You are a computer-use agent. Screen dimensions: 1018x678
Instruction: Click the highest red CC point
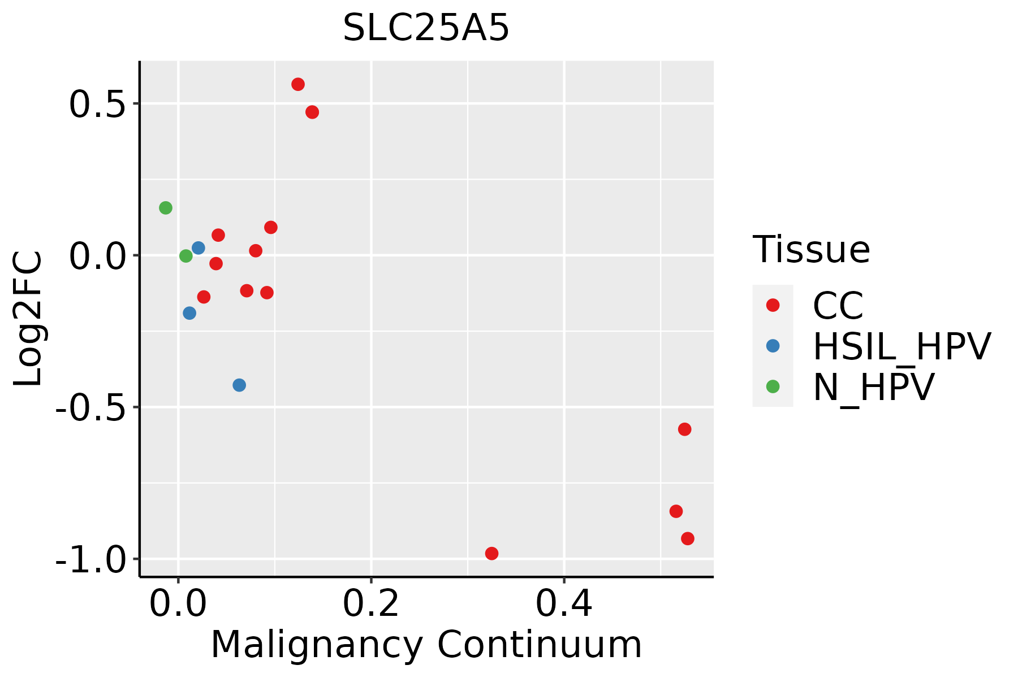298,84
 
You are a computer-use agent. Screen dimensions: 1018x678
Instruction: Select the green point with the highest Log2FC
165,208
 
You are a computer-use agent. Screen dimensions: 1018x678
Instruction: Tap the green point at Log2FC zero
186,256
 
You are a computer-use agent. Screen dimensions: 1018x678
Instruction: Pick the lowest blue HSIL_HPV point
239,385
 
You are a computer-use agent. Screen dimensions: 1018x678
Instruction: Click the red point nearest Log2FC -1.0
492,553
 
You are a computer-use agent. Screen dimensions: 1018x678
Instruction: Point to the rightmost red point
688,538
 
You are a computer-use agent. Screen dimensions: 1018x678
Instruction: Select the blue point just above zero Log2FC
199,248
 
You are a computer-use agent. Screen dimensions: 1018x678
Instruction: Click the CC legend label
838,306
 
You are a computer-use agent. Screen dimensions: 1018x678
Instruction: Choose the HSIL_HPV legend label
902,346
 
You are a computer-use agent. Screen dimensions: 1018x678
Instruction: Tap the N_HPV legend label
874,387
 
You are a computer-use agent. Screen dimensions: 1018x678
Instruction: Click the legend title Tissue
811,249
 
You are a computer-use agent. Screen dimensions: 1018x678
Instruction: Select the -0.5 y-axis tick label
90,408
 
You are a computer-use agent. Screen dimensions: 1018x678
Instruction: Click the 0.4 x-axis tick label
564,603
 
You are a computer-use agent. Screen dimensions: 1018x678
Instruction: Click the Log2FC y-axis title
28,319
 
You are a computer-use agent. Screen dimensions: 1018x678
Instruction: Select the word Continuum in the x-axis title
540,645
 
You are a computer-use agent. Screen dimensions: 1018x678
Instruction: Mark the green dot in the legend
773,386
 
